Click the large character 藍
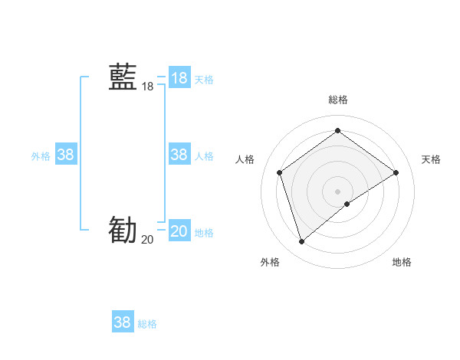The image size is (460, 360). point(123,77)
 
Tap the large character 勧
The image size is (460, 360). point(123,230)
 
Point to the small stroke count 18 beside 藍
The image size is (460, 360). point(147,87)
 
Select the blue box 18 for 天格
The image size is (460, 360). point(179,78)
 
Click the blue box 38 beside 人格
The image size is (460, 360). point(179,155)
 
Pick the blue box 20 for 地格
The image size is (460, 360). point(179,231)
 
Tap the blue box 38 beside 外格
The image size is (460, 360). point(65,155)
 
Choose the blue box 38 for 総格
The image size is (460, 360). point(122,322)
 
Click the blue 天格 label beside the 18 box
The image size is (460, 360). point(204,80)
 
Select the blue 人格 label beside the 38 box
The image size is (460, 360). point(204,156)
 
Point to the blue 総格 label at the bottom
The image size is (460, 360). point(147,324)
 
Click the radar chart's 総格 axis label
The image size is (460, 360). point(337,100)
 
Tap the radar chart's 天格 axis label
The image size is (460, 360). point(431,159)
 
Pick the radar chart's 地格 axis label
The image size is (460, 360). point(402,262)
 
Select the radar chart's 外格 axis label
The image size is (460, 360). point(270,262)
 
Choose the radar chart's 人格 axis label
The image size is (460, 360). point(245,159)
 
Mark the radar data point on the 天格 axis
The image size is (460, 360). point(396,172)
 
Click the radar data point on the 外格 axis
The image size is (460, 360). point(301,242)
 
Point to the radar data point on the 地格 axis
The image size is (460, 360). point(347,204)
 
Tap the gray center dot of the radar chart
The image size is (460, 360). point(337,191)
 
